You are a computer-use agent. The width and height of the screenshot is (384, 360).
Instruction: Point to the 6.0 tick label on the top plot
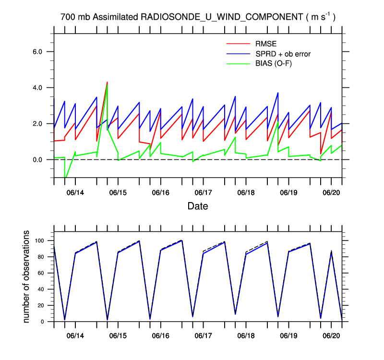point(37,52)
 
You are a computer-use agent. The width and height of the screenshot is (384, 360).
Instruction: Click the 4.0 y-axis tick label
point(37,88)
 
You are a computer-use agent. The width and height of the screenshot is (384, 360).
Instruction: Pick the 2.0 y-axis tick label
point(37,124)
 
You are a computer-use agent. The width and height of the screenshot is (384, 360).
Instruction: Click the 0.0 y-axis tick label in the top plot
point(37,160)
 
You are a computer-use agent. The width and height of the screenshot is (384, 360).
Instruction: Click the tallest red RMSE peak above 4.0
point(107,82)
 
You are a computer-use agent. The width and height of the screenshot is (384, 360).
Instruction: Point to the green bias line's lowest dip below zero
point(65,178)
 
